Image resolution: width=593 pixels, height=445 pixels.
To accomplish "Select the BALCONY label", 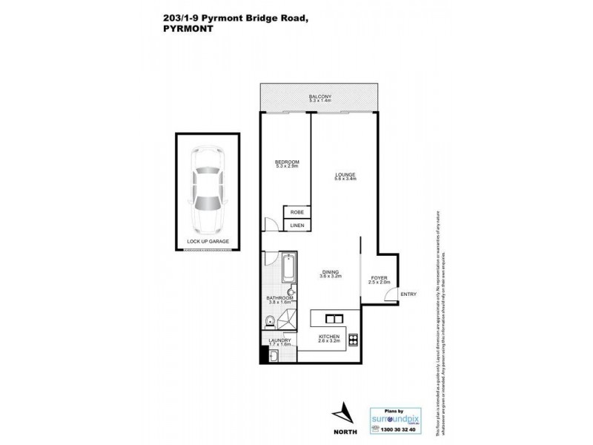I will [x=320, y=97].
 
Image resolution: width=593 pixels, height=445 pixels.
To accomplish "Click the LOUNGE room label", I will [x=345, y=176].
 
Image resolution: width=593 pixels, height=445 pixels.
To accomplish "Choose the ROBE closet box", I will [x=296, y=212].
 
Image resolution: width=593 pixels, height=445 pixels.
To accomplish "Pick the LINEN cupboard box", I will [x=296, y=225].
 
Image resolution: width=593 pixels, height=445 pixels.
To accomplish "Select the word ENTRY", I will [x=408, y=294].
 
